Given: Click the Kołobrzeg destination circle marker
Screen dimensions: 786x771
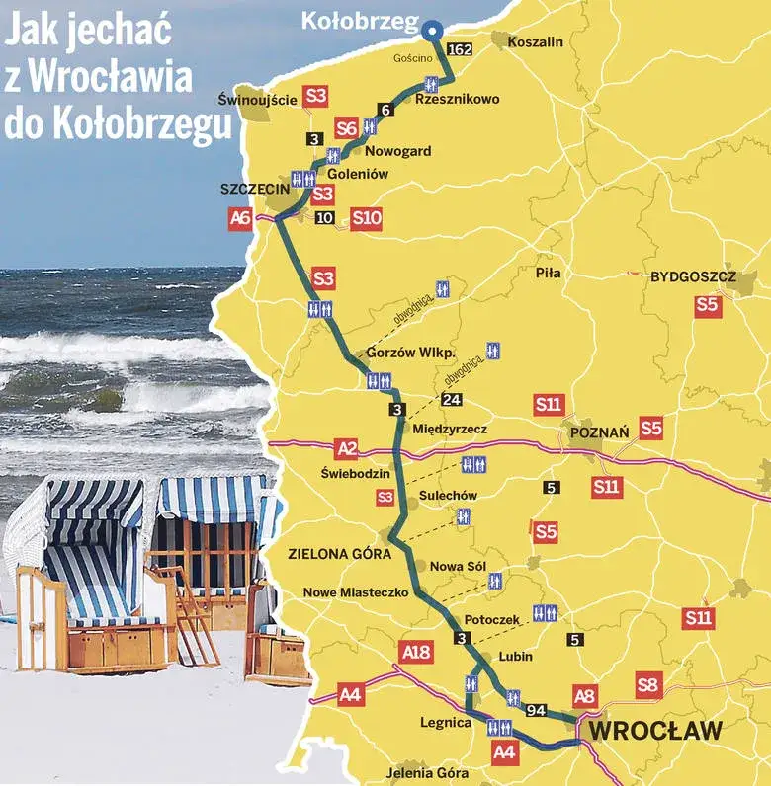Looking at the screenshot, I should click(x=432, y=31).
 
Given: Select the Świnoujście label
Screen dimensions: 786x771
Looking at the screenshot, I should click(x=257, y=100).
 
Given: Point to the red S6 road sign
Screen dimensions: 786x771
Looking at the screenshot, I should click(x=346, y=127).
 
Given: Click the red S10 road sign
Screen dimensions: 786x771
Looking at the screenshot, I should click(x=366, y=217).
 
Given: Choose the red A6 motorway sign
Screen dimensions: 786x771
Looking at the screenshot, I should click(x=240, y=218).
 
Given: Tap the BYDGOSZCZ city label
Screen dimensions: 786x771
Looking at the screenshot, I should click(x=693, y=277).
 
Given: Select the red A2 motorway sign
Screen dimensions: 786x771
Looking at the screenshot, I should click(x=346, y=449).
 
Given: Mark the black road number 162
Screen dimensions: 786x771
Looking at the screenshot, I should click(x=460, y=48).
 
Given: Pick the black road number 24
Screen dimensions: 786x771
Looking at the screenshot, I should click(x=452, y=399).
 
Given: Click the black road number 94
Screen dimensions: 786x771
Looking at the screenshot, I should click(x=537, y=710).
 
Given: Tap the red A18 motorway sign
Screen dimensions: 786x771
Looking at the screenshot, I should click(x=417, y=651).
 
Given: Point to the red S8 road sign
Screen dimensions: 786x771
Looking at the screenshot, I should click(x=648, y=685).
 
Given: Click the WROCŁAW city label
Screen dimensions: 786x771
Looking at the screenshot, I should click(x=656, y=732).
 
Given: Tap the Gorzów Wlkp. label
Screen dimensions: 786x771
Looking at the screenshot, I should click(x=409, y=353).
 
